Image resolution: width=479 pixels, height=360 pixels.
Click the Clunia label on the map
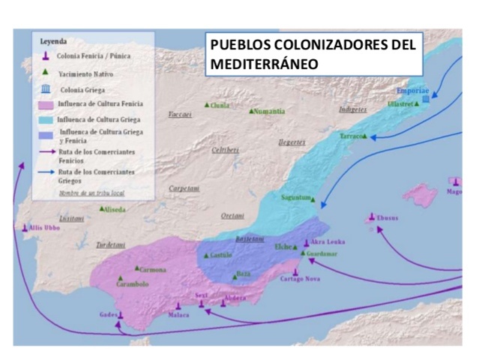[220, 106]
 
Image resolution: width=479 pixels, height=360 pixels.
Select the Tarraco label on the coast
[352, 136]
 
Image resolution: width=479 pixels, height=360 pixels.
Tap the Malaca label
[178, 316]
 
